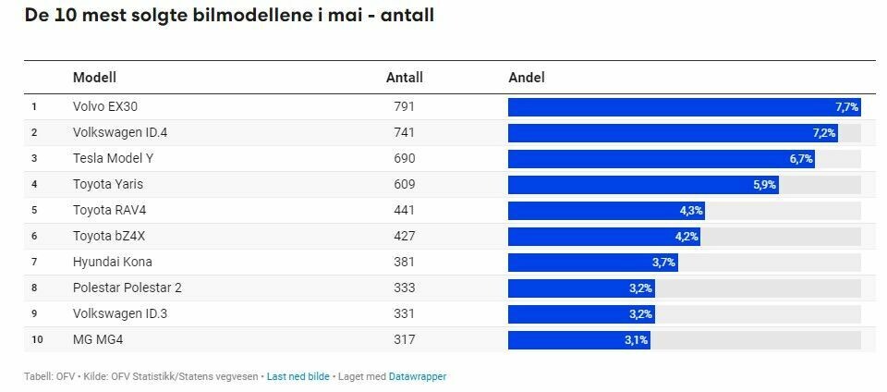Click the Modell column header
coord(94,78)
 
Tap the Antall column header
coord(404,78)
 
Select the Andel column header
coord(527,78)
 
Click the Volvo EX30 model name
coord(104,106)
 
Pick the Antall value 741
coord(404,132)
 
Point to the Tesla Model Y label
coord(113,158)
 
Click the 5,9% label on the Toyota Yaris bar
coord(765,185)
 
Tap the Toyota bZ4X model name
coord(109,236)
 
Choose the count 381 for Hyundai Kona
coord(404,262)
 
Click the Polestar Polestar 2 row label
coord(127,288)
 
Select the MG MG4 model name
coord(98,339)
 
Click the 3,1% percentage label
coord(637,340)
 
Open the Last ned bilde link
coord(298,376)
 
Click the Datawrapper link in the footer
coord(417,376)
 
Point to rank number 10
coord(37,339)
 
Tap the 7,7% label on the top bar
coord(846,107)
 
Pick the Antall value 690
coord(404,158)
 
